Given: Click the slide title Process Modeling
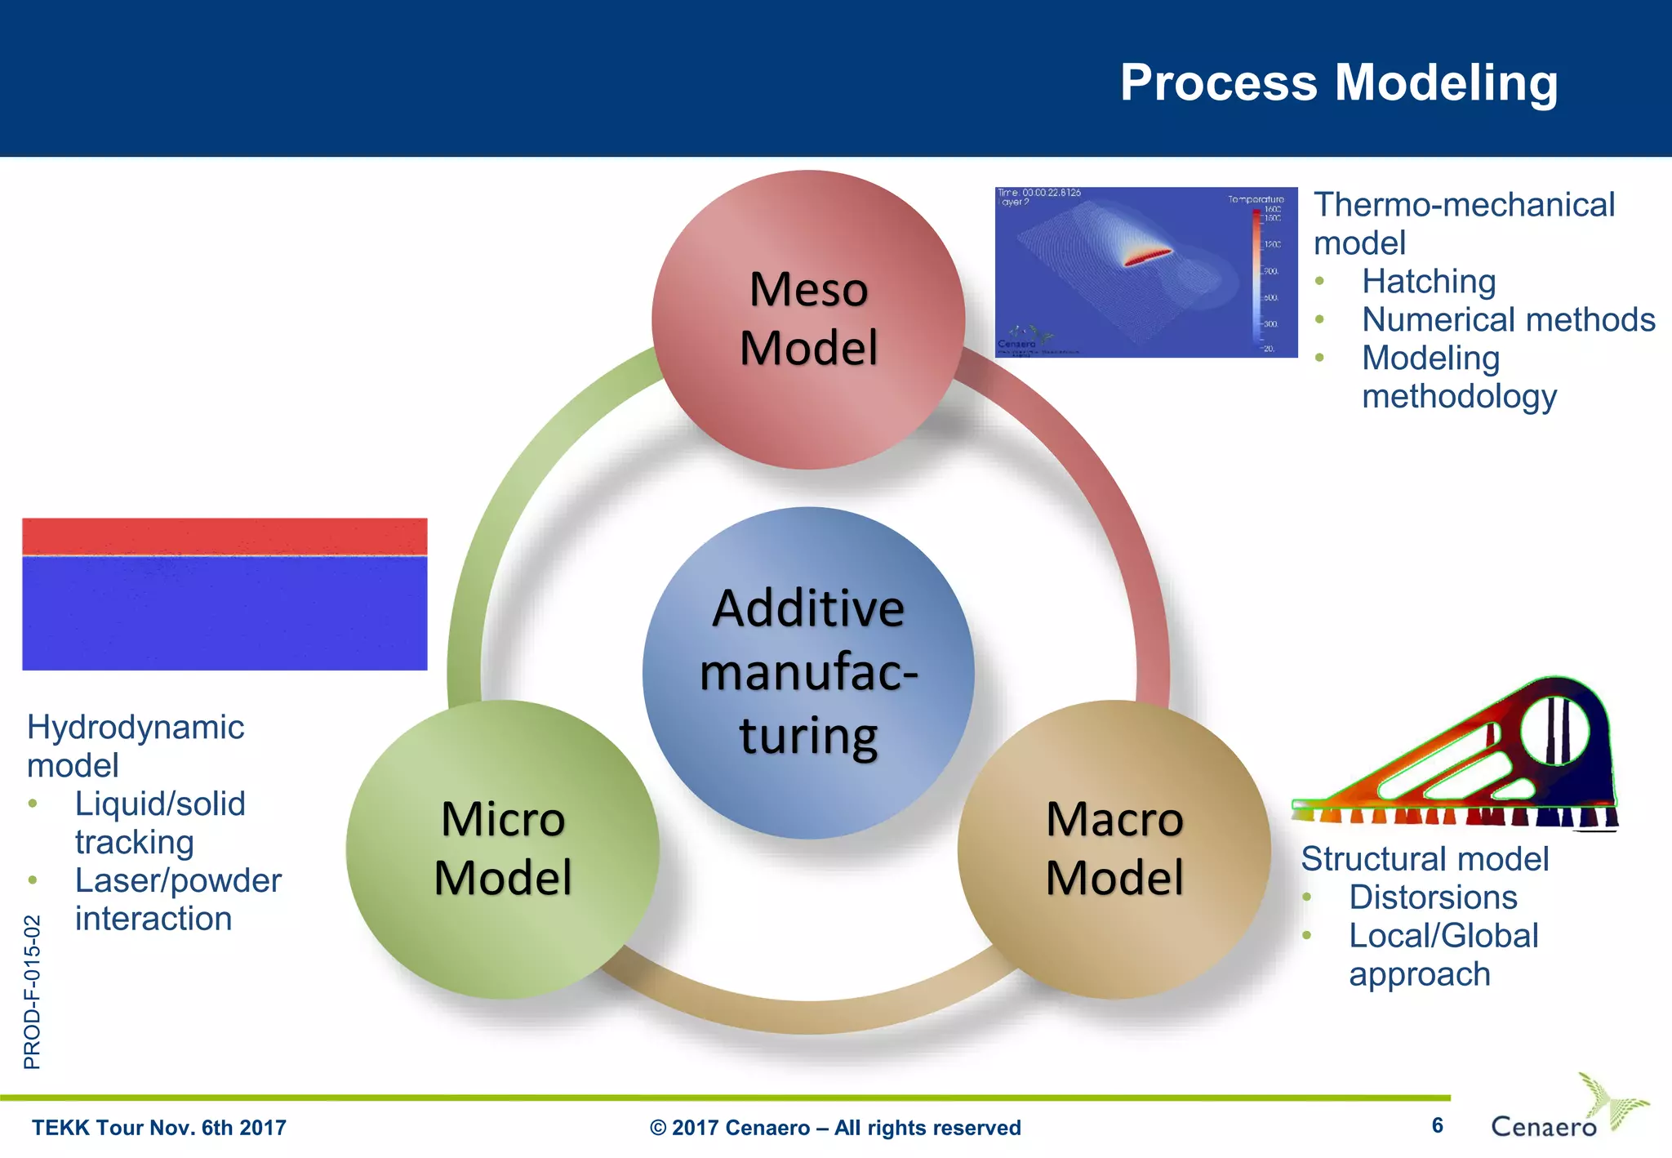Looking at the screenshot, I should pyautogui.click(x=1338, y=83).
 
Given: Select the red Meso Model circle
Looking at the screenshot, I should pyautogui.click(x=808, y=319).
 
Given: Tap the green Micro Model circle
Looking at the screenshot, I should pyautogui.click(x=503, y=848).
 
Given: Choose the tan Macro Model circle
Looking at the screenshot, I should pyautogui.click(x=1114, y=848).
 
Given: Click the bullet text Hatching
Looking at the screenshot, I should pyautogui.click(x=1429, y=282).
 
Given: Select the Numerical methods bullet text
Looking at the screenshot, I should pyautogui.click(x=1508, y=320).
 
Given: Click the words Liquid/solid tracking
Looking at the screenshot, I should pyautogui.click(x=159, y=822).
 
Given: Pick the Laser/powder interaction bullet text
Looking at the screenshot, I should pyautogui.click(x=177, y=899).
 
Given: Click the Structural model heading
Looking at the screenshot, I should pyautogui.click(x=1424, y=859).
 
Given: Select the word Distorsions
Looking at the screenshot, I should pyautogui.click(x=1433, y=897).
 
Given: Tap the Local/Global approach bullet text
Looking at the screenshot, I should pyautogui.click(x=1443, y=955).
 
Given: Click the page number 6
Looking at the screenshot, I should pyautogui.click(x=1437, y=1125).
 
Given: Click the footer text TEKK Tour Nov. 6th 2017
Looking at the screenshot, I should pyautogui.click(x=159, y=1128).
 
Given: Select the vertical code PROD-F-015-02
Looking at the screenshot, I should pyautogui.click(x=32, y=991).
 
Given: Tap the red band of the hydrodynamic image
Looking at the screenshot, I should pyautogui.click(x=225, y=537).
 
